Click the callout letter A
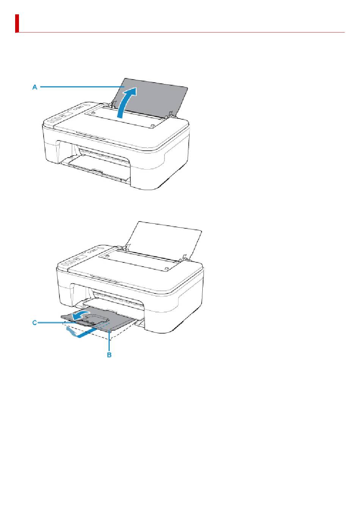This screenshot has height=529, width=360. click(x=35, y=87)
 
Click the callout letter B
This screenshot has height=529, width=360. click(x=109, y=355)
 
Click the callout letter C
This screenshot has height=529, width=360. click(x=34, y=323)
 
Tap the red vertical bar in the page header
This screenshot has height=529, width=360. click(x=17, y=23)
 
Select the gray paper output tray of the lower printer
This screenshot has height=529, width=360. click(x=99, y=319)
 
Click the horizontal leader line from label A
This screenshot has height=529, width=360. click(x=82, y=87)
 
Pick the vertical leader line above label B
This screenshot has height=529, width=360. click(x=110, y=341)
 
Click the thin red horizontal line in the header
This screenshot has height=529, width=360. click(x=182, y=32)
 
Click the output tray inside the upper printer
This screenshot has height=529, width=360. click(x=95, y=165)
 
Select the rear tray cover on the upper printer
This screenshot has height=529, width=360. click(x=124, y=116)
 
